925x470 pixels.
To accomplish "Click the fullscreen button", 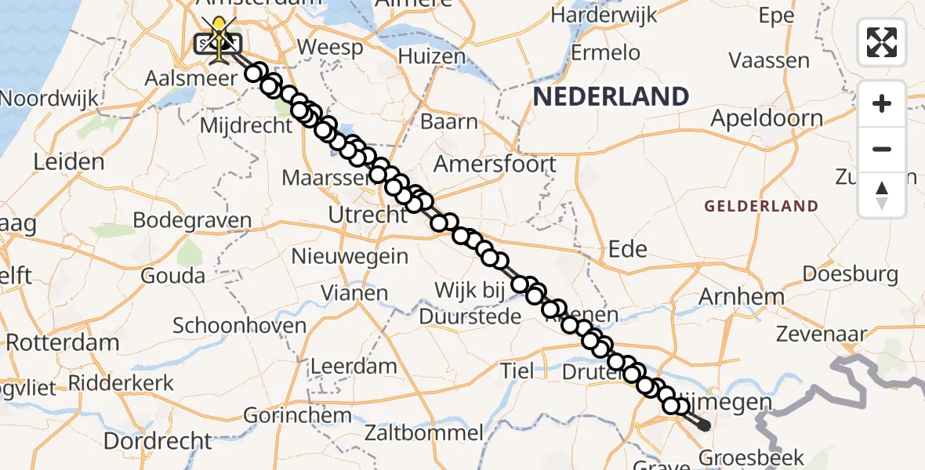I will pos(882,42).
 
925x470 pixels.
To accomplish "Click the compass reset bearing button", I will pos(882,194).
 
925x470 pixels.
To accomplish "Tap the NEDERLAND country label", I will pos(611,97).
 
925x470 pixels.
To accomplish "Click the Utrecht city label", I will pos(368,215).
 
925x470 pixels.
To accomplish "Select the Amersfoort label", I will pos(495,164).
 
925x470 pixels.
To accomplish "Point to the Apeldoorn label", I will pos(766,119).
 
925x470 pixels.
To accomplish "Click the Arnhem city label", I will pos(741,297).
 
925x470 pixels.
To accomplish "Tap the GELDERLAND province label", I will pos(760,206).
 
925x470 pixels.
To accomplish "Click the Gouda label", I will pos(173,276).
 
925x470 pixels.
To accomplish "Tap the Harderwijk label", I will pos(604,15).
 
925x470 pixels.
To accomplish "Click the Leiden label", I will pos(69,162).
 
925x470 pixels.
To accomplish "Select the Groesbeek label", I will pos(741,457).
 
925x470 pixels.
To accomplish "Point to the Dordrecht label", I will pos(158,440).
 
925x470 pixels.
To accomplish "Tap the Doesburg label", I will pos(850,274).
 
